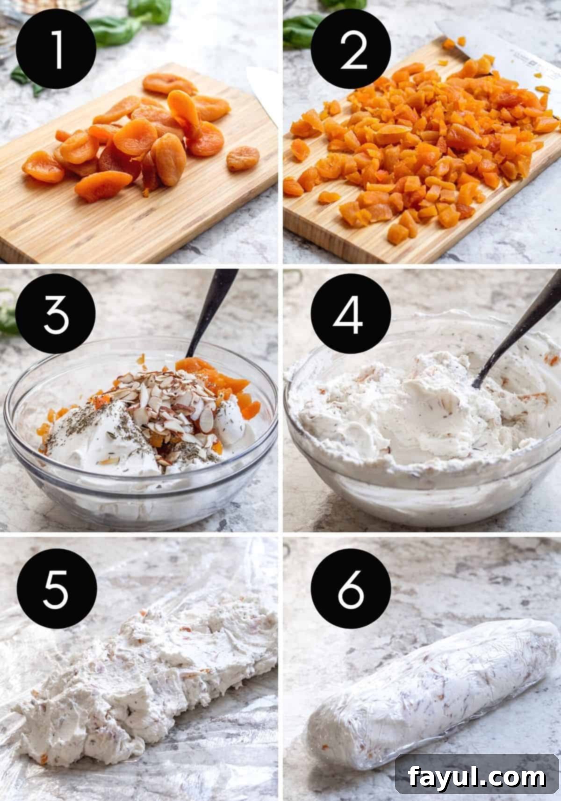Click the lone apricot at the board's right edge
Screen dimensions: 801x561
(243, 157)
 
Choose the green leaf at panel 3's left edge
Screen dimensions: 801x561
(7, 318)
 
